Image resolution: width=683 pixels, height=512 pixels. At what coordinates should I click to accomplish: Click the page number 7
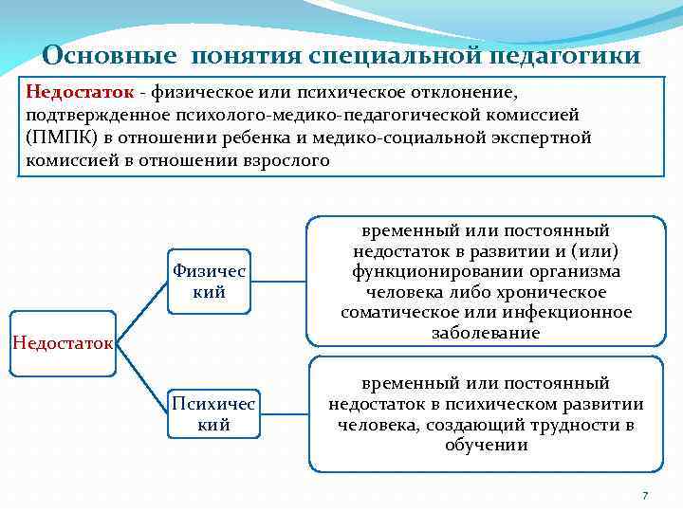tap(645, 496)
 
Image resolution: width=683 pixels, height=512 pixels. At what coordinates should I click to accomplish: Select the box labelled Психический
tap(213, 414)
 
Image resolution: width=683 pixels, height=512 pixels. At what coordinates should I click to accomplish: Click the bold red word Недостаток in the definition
tap(80, 93)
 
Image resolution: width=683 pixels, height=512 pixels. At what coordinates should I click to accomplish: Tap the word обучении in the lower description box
tap(486, 445)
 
